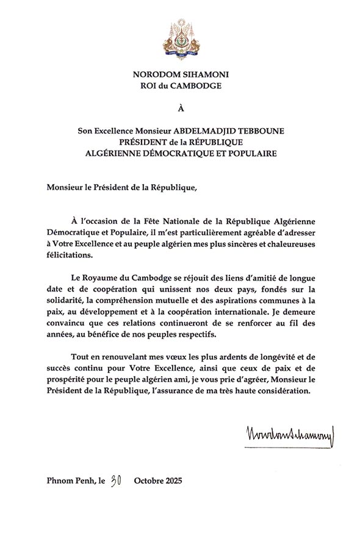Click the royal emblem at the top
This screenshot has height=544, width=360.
coord(180,37)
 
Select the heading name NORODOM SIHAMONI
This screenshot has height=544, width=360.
coord(180,74)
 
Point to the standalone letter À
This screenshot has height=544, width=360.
coord(180,110)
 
